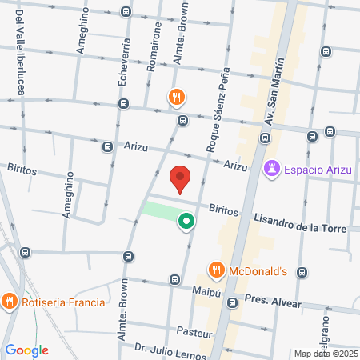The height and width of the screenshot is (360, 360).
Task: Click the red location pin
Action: pos(181,179)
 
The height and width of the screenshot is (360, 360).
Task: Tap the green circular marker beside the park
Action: pos(186,221)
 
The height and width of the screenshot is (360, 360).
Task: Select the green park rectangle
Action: pos(160,212)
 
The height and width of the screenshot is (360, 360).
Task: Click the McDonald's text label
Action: pos(258,270)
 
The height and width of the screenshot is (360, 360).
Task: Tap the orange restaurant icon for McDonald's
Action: pos(215,270)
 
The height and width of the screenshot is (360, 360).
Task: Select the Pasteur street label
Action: pos(194,332)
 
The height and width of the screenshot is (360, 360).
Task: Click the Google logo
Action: pos(26,350)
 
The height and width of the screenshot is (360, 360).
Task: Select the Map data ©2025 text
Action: pos(326,354)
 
